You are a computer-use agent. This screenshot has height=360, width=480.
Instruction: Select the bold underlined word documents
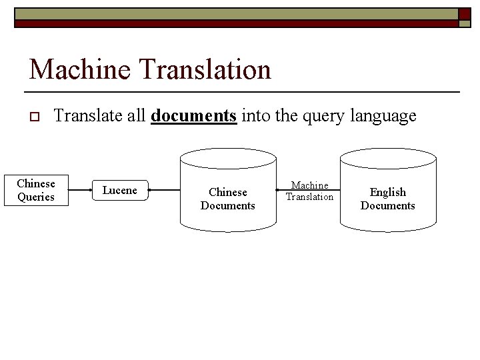pyautogui.click(x=193, y=116)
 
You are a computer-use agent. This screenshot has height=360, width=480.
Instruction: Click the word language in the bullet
pyautogui.click(x=383, y=116)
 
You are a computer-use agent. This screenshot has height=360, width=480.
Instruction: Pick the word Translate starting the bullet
pyautogui.click(x=88, y=116)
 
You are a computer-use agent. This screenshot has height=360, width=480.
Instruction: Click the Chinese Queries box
pyautogui.click(x=36, y=190)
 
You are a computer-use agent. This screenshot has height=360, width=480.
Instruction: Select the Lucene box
pyautogui.click(x=119, y=191)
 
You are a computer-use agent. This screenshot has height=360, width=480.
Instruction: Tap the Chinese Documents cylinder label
pyautogui.click(x=227, y=199)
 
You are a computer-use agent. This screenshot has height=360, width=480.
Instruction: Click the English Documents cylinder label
pyautogui.click(x=387, y=199)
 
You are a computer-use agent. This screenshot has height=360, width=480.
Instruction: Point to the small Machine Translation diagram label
pyautogui.click(x=309, y=191)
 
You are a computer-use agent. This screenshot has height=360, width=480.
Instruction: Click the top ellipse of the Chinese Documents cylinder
pyautogui.click(x=228, y=158)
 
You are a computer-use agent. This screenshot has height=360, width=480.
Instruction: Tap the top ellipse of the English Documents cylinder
pyautogui.click(x=388, y=158)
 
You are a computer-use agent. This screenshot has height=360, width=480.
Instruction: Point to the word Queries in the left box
pyautogui.click(x=36, y=197)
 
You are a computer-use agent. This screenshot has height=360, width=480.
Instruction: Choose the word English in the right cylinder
pyautogui.click(x=387, y=192)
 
